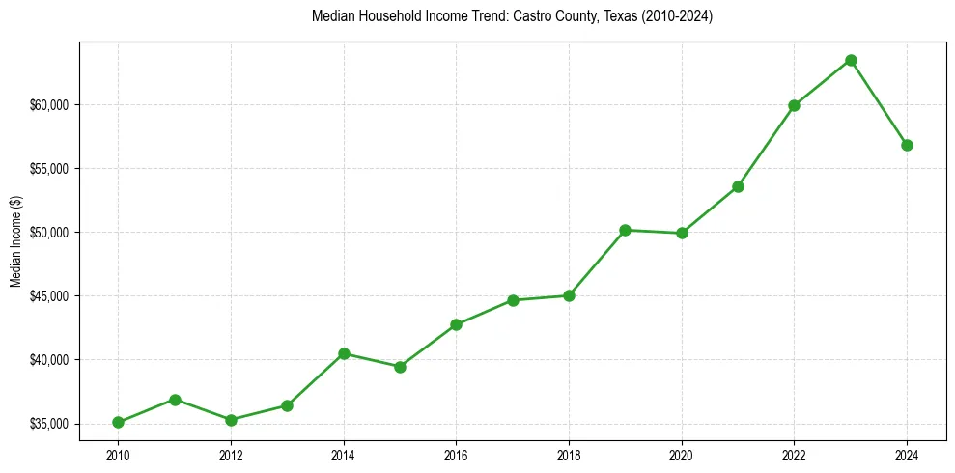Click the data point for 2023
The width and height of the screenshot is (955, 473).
[x=851, y=60]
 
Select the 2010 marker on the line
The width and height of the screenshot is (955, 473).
[x=118, y=422]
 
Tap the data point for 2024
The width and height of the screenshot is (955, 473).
[x=907, y=145]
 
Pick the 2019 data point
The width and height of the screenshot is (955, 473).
[x=625, y=230]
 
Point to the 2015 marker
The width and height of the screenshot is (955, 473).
[x=400, y=367]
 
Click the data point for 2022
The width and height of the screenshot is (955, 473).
[x=794, y=105]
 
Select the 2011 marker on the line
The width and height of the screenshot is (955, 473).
[x=175, y=400]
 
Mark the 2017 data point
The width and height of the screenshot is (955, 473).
[x=513, y=300]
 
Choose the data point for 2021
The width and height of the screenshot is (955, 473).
[x=738, y=186]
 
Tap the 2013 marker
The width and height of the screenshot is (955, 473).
[x=287, y=405]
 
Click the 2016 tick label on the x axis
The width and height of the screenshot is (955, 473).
[x=456, y=455]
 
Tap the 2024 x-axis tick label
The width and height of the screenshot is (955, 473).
[x=907, y=455]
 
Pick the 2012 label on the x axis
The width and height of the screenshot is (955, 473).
[x=231, y=455]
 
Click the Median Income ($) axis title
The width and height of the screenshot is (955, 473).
[x=15, y=241]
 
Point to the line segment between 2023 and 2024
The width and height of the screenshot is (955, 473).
[x=879, y=102]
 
